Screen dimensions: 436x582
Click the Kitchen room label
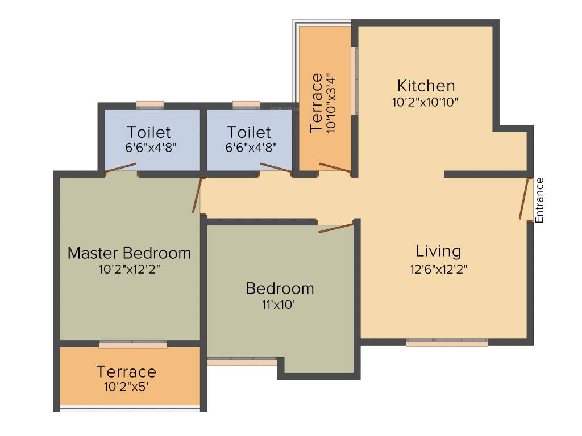426,86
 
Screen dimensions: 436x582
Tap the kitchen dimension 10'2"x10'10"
425,102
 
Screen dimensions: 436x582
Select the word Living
438,251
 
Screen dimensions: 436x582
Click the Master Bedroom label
129,253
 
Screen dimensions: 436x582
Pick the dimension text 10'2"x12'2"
129,269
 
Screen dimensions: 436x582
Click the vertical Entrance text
540,200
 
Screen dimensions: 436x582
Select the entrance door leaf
523,199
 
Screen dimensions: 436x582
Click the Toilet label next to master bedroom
149,132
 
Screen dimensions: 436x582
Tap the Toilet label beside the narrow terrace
249,132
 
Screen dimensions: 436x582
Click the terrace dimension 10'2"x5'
126,388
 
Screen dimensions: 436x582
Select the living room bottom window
447,343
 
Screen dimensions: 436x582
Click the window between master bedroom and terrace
133,345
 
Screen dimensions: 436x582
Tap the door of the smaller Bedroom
336,228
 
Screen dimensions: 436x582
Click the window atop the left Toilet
150,104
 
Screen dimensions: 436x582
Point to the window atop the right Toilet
246,104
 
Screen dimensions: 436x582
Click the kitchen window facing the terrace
353,80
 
